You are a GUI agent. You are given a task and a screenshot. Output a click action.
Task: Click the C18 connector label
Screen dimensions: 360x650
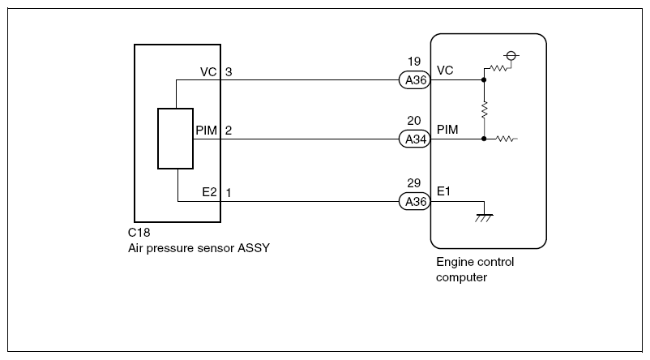pyautogui.click(x=139, y=233)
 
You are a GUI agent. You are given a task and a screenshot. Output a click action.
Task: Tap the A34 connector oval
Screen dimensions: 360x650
pyautogui.click(x=414, y=139)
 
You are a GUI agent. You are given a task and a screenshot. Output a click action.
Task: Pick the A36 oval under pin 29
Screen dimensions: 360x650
pyautogui.click(x=414, y=201)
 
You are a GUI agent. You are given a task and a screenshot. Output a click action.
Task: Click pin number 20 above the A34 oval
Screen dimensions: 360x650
pyautogui.click(x=414, y=121)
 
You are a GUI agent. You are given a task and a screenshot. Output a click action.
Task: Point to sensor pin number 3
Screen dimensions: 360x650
pyautogui.click(x=229, y=72)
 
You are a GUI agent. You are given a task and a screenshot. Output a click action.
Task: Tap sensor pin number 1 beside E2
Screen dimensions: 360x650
pyautogui.click(x=229, y=192)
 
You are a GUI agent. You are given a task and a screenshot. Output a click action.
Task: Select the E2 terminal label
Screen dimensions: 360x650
pyautogui.click(x=209, y=192)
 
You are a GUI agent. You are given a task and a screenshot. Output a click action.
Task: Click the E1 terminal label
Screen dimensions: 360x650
pyautogui.click(x=444, y=191)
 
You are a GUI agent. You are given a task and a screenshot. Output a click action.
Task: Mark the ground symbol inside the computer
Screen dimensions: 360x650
pyautogui.click(x=484, y=215)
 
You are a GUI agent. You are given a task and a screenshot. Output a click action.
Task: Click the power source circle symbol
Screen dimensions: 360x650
pyautogui.click(x=511, y=56)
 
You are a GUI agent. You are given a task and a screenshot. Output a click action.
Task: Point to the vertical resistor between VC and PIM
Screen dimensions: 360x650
pyautogui.click(x=484, y=109)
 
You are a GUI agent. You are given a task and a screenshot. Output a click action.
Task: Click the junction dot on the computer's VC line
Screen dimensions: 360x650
pyautogui.click(x=484, y=80)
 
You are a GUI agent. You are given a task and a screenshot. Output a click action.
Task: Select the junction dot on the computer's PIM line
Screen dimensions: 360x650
pyautogui.click(x=484, y=139)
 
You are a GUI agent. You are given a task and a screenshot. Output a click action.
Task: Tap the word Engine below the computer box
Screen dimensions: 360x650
pyautogui.click(x=455, y=262)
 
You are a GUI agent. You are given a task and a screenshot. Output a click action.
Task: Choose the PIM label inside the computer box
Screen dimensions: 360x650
pyautogui.click(x=448, y=130)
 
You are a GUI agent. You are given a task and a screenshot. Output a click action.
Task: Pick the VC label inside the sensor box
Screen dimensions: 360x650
pyautogui.click(x=207, y=72)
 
